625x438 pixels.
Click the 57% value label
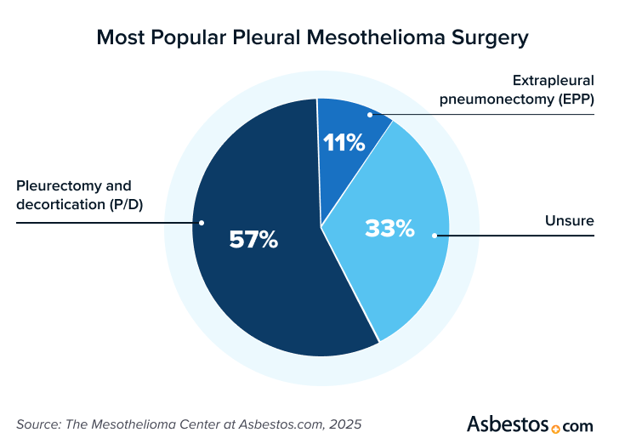coord(253,241)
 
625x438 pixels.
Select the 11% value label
coord(344,143)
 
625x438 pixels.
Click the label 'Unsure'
coord(569,222)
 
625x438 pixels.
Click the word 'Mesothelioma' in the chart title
coord(368,38)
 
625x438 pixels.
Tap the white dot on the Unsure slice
coord(435,235)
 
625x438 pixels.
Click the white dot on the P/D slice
coord(202,223)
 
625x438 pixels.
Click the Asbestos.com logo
coord(530,424)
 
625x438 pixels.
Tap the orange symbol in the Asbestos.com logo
coord(557,427)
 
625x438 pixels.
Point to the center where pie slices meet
coord(321,227)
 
